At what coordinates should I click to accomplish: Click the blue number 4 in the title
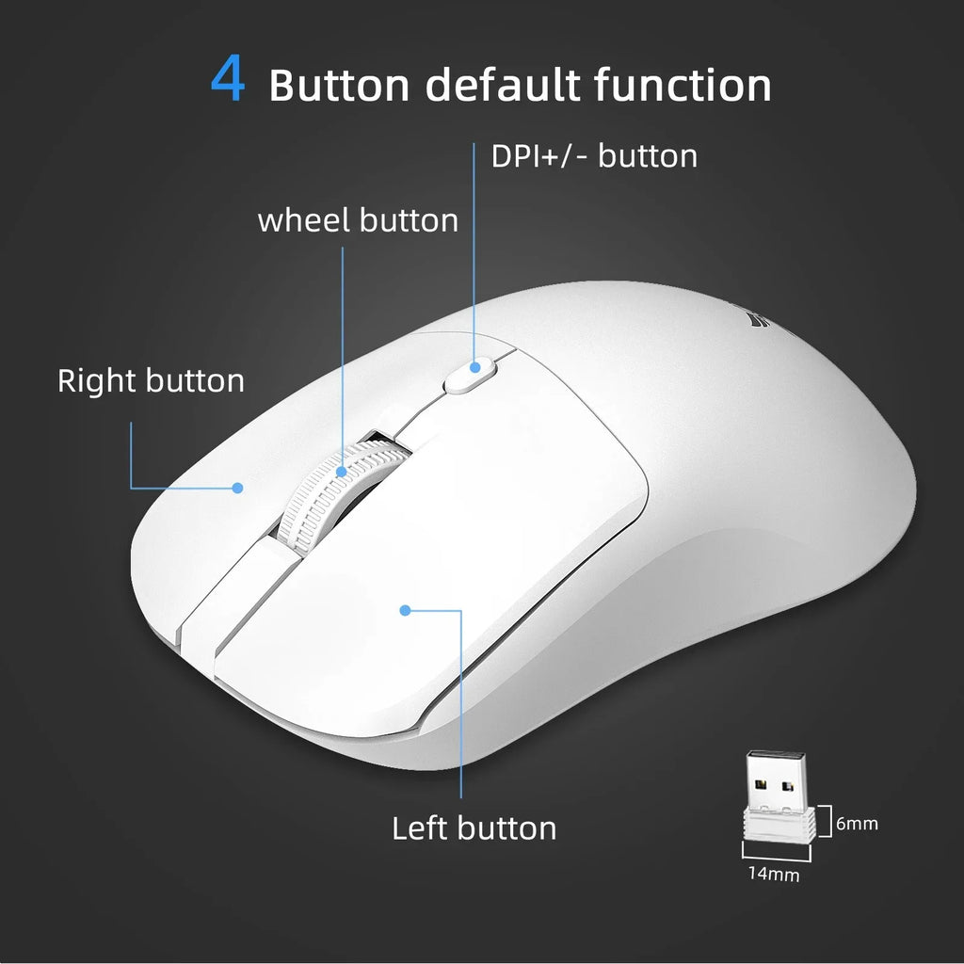pyautogui.click(x=228, y=82)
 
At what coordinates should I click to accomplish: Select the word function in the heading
pyautogui.click(x=683, y=85)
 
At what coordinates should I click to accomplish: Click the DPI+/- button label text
pyautogui.click(x=594, y=156)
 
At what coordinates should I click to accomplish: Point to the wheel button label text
pyautogui.click(x=358, y=220)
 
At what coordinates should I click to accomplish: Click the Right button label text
pyautogui.click(x=151, y=381)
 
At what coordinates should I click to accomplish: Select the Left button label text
pyautogui.click(x=474, y=828)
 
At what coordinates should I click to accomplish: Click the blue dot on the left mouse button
pyautogui.click(x=405, y=610)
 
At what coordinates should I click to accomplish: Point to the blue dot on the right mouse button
pyautogui.click(x=238, y=488)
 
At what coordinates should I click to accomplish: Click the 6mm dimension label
pyautogui.click(x=857, y=824)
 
